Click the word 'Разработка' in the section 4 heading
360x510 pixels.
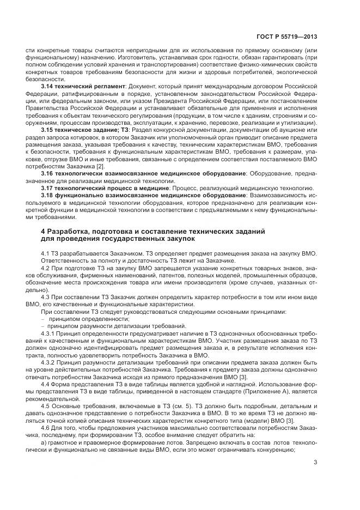pos(70,231)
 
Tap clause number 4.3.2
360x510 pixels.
pos(50,361)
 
